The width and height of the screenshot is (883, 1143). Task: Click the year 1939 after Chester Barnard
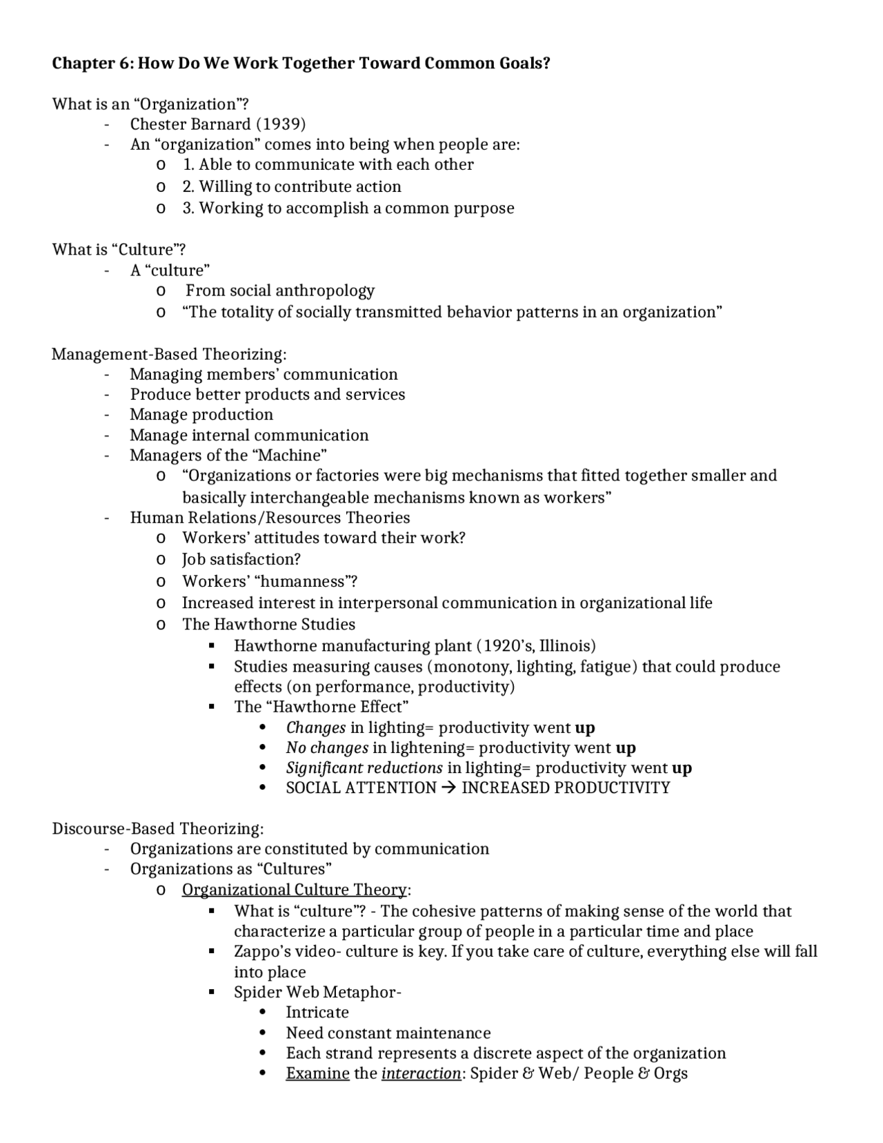click(281, 124)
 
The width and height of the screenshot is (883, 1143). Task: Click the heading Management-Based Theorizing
click(169, 354)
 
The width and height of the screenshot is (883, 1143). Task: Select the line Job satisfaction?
click(241, 559)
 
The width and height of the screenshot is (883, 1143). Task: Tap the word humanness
click(304, 581)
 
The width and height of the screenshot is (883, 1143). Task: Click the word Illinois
click(564, 646)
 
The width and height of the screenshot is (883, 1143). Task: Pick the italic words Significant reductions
click(364, 768)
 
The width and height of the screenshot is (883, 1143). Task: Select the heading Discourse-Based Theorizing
click(158, 828)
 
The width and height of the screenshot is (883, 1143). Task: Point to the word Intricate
click(317, 1013)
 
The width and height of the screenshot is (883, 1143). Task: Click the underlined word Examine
click(317, 1073)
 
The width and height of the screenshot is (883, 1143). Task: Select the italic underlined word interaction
click(421, 1073)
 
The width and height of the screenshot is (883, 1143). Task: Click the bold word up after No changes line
click(626, 748)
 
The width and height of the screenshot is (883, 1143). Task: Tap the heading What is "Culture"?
click(119, 249)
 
